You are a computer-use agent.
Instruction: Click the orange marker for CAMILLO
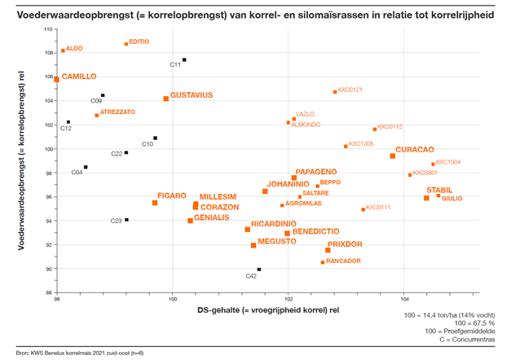coord(57,79)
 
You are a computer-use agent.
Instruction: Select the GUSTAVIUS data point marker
coord(166,99)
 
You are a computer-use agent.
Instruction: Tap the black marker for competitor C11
coord(184,59)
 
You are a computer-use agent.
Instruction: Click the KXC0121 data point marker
coord(335,92)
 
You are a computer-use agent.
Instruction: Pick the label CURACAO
coord(415,150)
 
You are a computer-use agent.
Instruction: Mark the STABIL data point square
coord(426,198)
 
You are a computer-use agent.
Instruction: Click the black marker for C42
coord(259,270)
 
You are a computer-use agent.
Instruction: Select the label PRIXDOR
coord(345,244)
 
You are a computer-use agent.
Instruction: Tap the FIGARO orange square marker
coord(155,203)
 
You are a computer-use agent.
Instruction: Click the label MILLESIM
coord(218,197)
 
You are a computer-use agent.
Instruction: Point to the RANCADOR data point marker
coord(323,261)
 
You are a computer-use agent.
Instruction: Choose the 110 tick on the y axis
coord(47,29)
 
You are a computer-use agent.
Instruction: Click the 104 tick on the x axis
coord(405,300)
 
